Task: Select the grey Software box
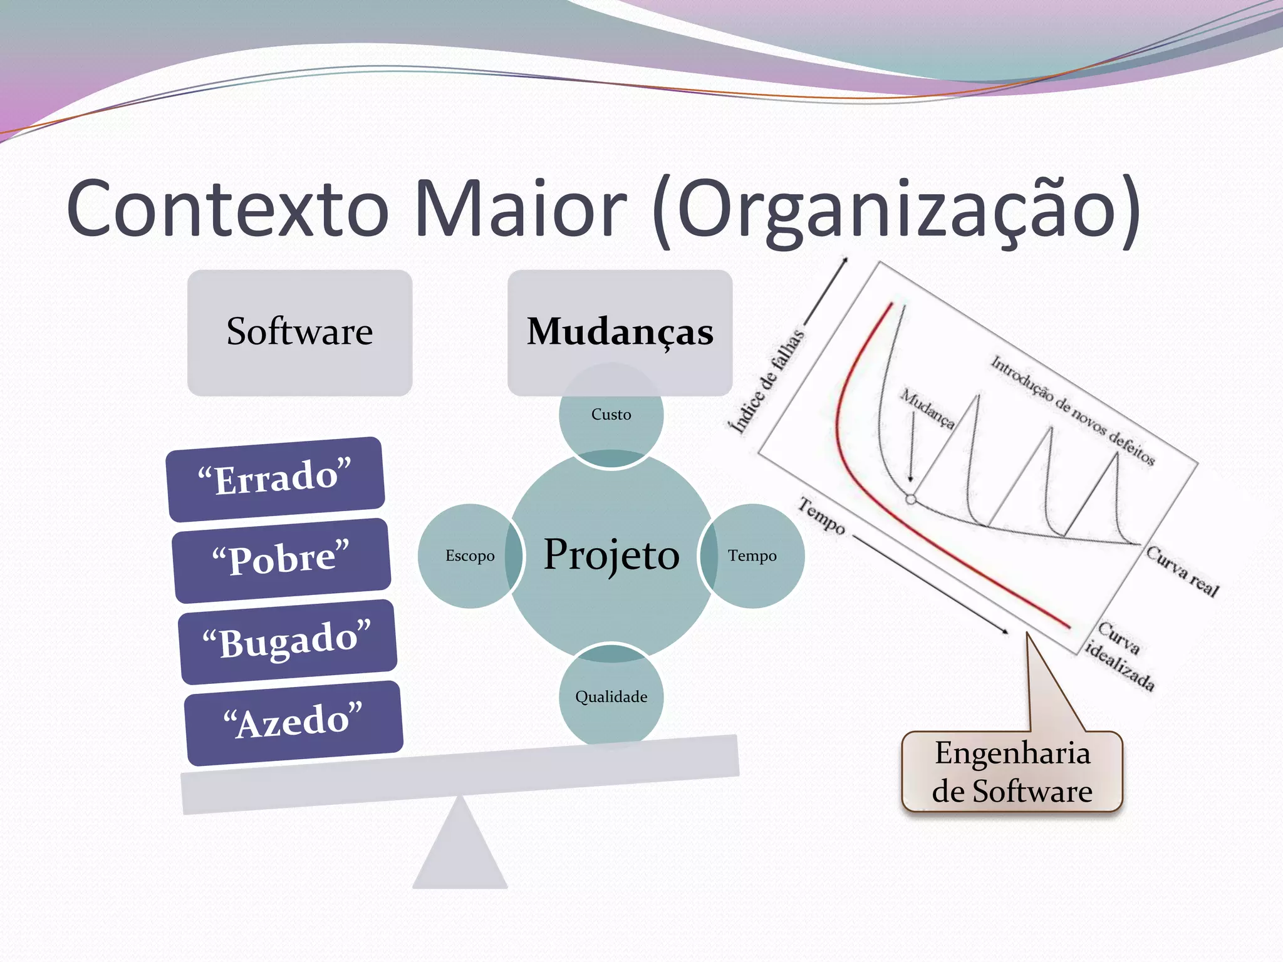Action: (299, 333)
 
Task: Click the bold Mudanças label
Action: (620, 331)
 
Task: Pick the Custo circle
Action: (611, 415)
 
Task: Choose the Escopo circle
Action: (469, 556)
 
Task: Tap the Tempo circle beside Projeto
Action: (752, 556)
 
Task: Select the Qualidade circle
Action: (611, 697)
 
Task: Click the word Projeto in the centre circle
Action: (611, 555)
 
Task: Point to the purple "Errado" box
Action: (276, 478)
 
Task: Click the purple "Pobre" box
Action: (281, 559)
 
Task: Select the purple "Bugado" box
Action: (288, 641)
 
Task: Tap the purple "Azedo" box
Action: (293, 722)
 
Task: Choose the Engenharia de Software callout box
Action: (1012, 772)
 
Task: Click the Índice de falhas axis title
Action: (766, 381)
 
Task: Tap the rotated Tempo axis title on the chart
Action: (821, 515)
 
